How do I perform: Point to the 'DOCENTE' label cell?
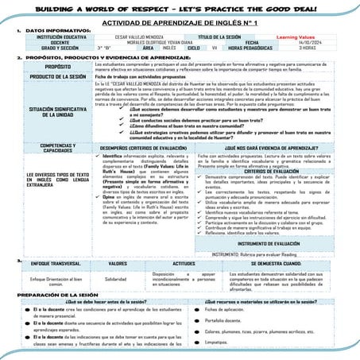coord(50,42)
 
